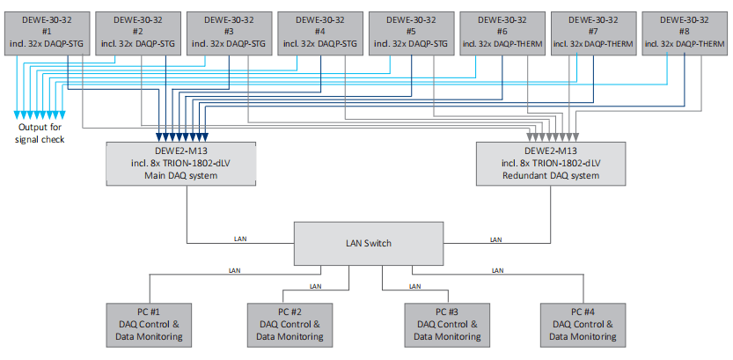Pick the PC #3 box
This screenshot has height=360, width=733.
(446, 323)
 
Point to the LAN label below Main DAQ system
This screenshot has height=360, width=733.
(240, 239)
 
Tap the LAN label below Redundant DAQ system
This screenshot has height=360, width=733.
(495, 239)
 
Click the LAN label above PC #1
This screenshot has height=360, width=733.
(234, 270)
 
